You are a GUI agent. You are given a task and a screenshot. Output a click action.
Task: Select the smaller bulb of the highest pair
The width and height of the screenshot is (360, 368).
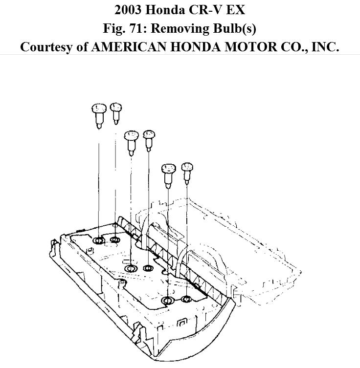pos(115,112)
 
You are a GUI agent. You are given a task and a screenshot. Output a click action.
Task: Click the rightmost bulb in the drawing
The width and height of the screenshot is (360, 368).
pos(186,172)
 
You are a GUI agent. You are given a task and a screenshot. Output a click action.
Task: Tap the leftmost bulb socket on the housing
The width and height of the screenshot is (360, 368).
pos(98,240)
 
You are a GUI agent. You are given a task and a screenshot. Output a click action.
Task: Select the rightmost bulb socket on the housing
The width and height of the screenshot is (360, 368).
pos(186,299)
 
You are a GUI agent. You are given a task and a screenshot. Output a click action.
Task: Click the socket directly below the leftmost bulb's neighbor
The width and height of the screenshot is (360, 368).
pos(115,239)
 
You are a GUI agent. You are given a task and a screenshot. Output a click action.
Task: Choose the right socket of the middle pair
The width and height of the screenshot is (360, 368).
pos(148,268)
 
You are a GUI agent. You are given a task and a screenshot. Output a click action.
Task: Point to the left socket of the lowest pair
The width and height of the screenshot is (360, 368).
pos(168,300)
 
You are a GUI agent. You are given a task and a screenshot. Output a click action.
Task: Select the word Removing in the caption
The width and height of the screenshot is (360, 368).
pos(189,28)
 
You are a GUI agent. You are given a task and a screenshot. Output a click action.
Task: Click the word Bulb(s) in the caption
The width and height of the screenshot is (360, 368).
pos(237,28)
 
